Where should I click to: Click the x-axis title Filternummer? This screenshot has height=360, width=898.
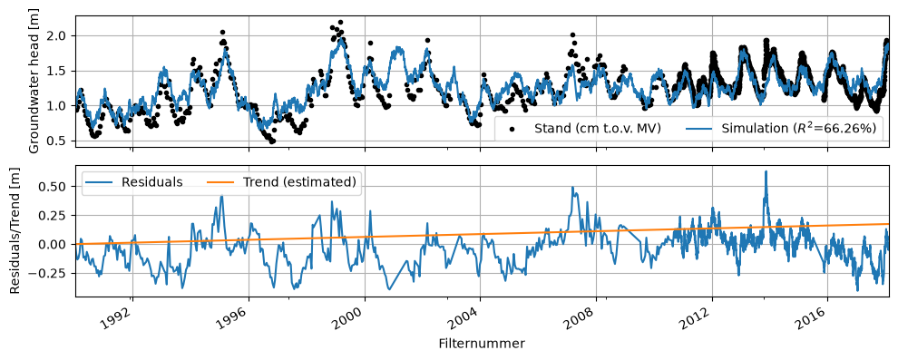482,344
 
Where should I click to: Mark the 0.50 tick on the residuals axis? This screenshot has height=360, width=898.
58,187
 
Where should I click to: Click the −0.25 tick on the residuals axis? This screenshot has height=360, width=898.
54,273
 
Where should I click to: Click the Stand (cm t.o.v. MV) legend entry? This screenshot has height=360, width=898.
585,128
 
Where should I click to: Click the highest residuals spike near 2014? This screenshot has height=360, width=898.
766,171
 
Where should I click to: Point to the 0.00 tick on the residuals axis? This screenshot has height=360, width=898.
58,245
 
